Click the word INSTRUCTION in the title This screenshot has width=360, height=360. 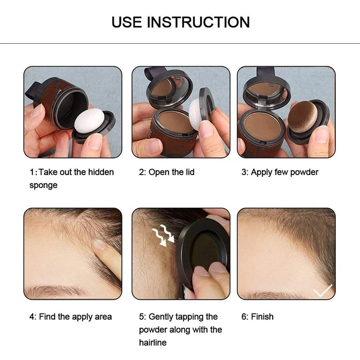[199, 22]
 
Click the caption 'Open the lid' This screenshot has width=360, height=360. [171, 172]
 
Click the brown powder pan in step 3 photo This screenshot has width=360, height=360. [262, 127]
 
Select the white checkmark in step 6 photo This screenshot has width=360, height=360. [323, 290]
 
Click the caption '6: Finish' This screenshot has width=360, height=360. [257, 317]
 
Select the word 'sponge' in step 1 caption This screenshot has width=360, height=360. [44, 185]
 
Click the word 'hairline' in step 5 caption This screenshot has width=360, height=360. [153, 342]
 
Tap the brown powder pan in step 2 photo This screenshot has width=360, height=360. [176, 122]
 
